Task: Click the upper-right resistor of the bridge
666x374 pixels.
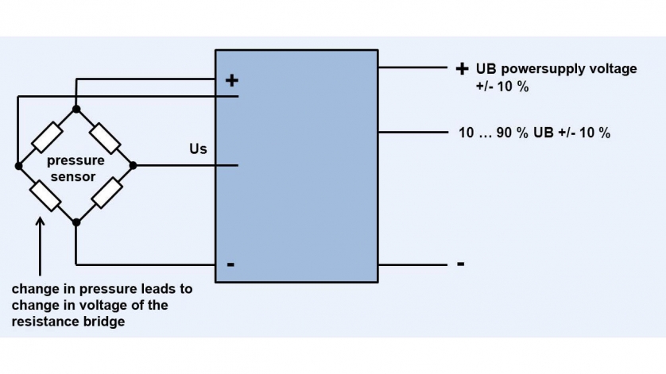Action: point(105,138)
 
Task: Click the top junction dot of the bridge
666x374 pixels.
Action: point(76,109)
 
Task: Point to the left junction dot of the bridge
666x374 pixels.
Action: point(17,166)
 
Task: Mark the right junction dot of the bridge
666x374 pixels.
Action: point(133,166)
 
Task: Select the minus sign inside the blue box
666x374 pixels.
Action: point(230,264)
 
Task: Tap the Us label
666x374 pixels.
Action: point(198,148)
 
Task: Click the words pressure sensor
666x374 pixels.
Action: point(76,168)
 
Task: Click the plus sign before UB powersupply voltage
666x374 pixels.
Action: point(461,69)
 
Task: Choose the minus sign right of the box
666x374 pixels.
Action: point(460,264)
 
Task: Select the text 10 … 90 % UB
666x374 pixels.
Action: point(505,133)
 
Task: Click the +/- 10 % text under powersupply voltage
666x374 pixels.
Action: point(502,86)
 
